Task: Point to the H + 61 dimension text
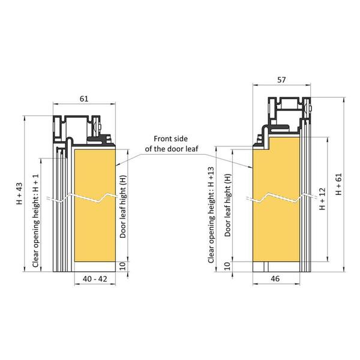coord(339,184)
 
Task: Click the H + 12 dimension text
coord(322,199)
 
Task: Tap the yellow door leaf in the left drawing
coord(94,228)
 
